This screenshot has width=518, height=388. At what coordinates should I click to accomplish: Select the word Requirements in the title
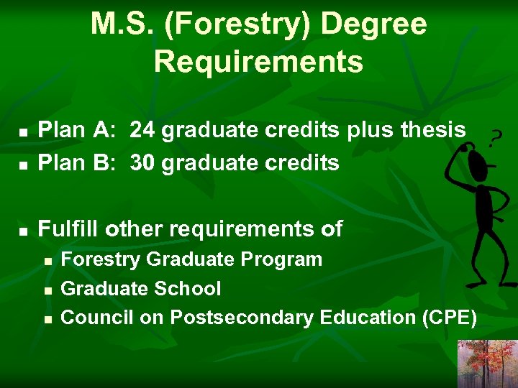[x=258, y=62]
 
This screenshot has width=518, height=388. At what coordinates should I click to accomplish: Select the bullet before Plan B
[x=23, y=165]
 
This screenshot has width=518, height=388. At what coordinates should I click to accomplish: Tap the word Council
[x=96, y=317]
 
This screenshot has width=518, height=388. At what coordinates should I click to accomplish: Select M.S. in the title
[x=116, y=25]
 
